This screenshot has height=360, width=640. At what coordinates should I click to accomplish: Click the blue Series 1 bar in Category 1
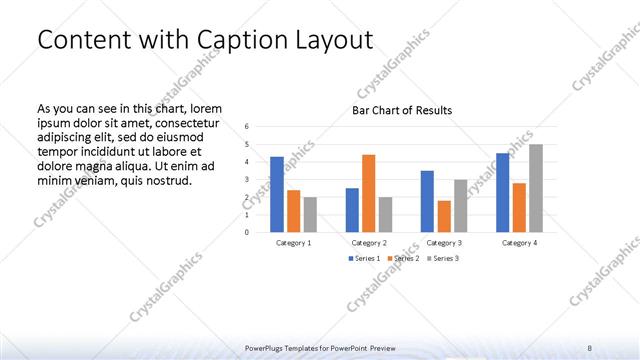[276, 194]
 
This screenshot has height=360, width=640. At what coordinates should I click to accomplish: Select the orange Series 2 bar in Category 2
[368, 193]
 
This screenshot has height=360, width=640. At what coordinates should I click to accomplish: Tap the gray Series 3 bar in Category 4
[536, 188]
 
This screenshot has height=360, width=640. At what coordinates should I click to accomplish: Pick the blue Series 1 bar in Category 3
[427, 201]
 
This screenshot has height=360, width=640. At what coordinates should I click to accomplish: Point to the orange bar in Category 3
[443, 216]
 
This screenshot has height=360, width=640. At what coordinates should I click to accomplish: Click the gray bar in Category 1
[310, 214]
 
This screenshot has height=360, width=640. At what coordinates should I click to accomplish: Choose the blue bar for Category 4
[503, 192]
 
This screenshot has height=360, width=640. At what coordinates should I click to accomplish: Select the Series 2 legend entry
[403, 259]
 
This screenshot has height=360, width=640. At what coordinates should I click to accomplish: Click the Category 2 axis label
[369, 243]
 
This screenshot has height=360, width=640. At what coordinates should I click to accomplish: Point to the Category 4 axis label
[519, 243]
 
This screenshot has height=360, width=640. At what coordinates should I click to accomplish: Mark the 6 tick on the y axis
[247, 127]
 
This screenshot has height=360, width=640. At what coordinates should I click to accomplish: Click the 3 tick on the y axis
[247, 179]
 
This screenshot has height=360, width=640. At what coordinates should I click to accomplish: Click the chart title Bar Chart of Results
[401, 110]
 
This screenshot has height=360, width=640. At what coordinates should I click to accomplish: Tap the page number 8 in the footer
[590, 347]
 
